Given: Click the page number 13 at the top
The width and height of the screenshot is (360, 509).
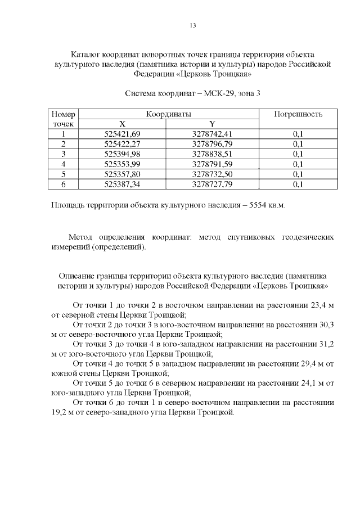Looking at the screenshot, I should pyautogui.click(x=192, y=26).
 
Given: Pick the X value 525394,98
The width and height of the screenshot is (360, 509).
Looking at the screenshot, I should pyautogui.click(x=122, y=154).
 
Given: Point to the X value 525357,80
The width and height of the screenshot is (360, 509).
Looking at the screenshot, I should pyautogui.click(x=122, y=174).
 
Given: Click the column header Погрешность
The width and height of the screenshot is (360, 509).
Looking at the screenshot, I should pyautogui.click(x=298, y=114).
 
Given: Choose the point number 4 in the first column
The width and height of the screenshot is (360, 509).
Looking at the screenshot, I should pyautogui.click(x=64, y=164).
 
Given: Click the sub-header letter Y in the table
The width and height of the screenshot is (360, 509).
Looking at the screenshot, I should pyautogui.click(x=211, y=124).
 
